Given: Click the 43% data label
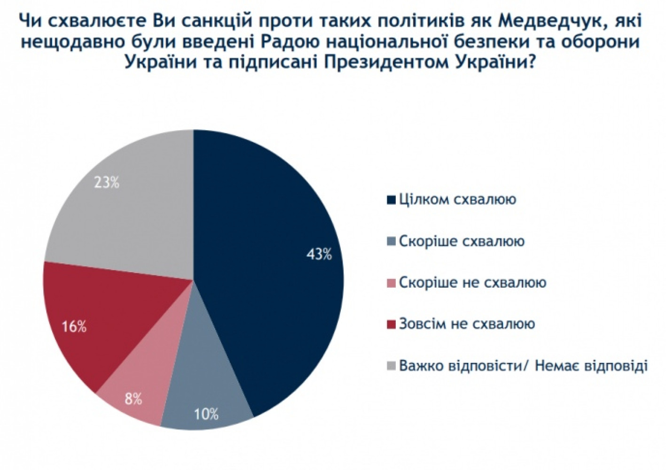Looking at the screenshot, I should click(x=319, y=255).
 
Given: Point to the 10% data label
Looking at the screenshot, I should click(x=206, y=414).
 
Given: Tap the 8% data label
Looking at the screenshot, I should click(x=133, y=399).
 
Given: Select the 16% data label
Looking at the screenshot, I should click(x=74, y=326).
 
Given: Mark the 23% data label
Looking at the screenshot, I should click(x=107, y=182).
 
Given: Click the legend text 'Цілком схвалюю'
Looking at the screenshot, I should click(x=457, y=199).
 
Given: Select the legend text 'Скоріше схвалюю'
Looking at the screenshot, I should click(x=462, y=241).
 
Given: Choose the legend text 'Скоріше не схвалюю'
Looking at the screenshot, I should click(x=472, y=282).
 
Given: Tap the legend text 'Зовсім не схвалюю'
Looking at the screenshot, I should click(x=467, y=324).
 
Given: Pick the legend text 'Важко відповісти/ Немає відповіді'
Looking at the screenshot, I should click(x=523, y=365).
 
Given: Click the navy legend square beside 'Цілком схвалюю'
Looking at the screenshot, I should click(x=391, y=200).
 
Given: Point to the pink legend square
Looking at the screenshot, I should click(x=391, y=283).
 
